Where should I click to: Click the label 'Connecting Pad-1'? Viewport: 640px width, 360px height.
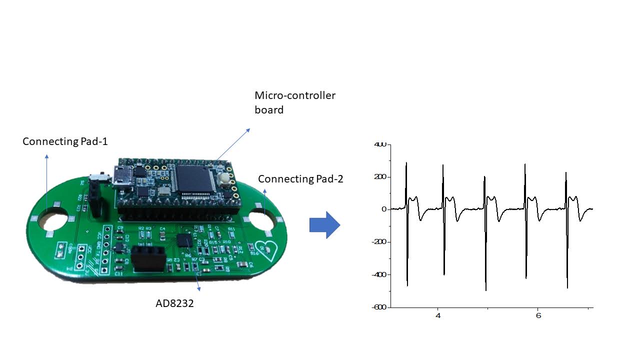click(x=65, y=141)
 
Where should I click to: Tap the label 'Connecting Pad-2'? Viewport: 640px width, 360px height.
click(x=300, y=179)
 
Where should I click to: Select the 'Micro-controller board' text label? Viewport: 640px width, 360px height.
click(x=295, y=102)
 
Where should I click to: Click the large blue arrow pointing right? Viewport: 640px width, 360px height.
click(x=324, y=225)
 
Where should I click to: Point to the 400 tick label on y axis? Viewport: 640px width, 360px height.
click(x=380, y=144)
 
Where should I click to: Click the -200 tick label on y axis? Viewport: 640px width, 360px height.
click(x=379, y=242)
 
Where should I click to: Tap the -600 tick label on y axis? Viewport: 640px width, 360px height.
click(x=379, y=307)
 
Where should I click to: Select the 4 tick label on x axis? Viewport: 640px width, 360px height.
click(x=438, y=316)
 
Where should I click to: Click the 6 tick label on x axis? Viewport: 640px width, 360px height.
click(x=538, y=316)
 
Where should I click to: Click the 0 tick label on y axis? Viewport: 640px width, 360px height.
click(x=384, y=209)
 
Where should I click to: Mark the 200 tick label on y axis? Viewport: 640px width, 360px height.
click(x=380, y=177)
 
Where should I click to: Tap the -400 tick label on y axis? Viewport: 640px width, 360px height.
click(x=379, y=274)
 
